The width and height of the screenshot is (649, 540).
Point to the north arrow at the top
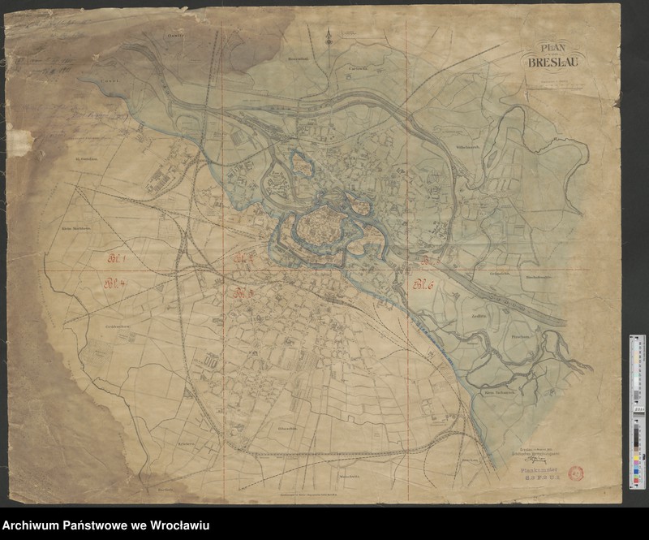327,36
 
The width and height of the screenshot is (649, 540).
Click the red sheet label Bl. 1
120,258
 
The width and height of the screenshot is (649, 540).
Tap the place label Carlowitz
359,68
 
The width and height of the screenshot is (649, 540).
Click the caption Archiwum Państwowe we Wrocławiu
106,526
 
